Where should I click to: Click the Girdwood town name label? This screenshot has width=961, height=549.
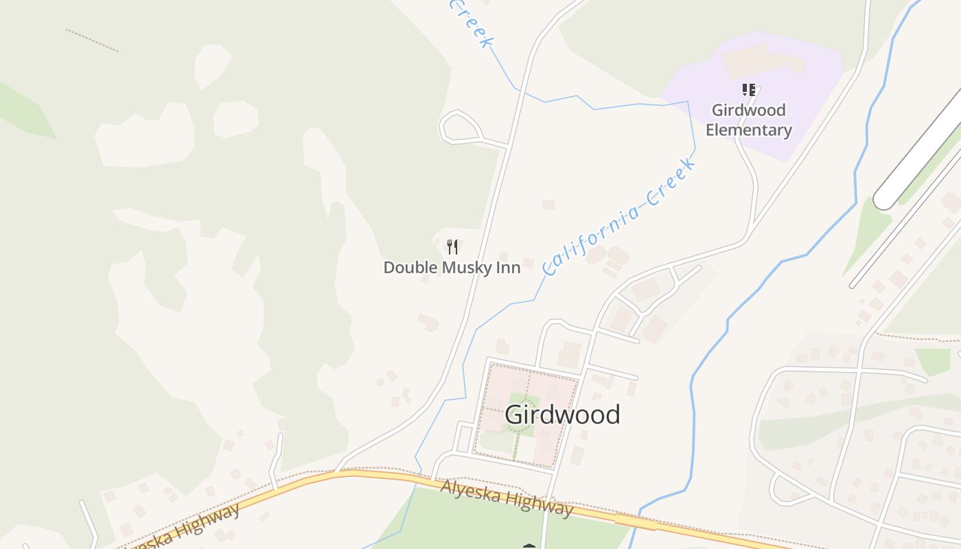pyautogui.click(x=562, y=414)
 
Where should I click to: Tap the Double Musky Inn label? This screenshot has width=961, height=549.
pyautogui.click(x=452, y=268)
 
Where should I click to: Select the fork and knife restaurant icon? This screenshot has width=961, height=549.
pyautogui.click(x=452, y=247)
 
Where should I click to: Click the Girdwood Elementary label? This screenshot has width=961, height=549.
pyautogui.click(x=749, y=120)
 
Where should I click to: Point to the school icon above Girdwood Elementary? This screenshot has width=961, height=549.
pyautogui.click(x=748, y=90)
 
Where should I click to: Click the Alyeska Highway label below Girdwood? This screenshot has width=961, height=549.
pyautogui.click(x=507, y=498)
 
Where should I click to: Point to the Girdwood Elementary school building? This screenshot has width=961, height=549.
pyautogui.click(x=762, y=60)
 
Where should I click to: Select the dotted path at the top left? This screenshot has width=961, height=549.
pyautogui.click(x=92, y=40)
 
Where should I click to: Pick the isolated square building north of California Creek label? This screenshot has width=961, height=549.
pyautogui.click(x=548, y=205)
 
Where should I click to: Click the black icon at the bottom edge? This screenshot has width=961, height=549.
pyautogui.click(x=529, y=546)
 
